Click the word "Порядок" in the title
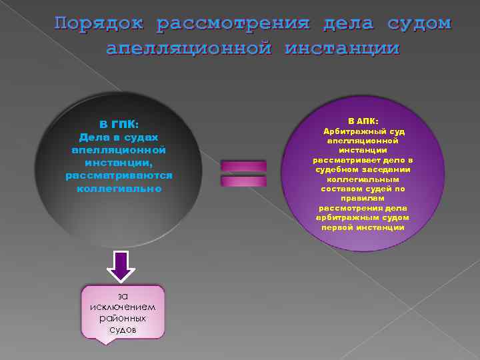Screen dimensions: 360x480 click(x=99, y=24)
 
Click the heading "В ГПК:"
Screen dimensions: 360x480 click(x=119, y=125)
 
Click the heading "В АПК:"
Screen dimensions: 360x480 click(x=363, y=121)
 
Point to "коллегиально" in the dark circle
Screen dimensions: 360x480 click(x=119, y=189)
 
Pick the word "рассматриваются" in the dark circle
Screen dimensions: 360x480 click(x=119, y=176)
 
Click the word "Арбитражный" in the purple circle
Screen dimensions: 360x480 click(x=351, y=131)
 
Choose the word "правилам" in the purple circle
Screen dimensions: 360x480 click(x=363, y=198)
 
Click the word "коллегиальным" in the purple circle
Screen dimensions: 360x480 click(x=363, y=179)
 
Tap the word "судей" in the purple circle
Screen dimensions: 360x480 click(x=379, y=189)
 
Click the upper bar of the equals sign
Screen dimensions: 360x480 click(x=243, y=165)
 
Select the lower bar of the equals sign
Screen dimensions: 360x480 click(x=243, y=181)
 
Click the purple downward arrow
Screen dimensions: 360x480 click(x=121, y=266)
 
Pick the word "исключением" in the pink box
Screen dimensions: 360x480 click(x=122, y=307)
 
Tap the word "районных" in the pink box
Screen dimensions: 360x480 click(x=122, y=318)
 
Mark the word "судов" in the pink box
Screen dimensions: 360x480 click(x=122, y=329)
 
